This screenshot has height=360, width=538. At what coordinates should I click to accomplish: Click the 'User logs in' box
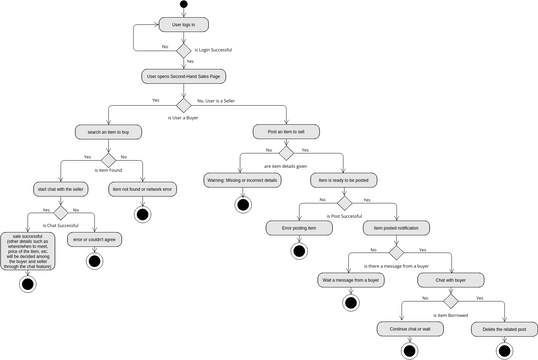coord(184,24)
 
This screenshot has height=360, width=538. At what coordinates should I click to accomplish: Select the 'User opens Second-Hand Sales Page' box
coord(184,75)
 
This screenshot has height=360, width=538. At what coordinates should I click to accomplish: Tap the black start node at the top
coord(184,5)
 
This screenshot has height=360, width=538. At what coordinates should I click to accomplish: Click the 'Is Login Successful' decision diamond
coord(184,49)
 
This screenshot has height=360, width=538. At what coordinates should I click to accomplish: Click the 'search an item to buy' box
coord(108,131)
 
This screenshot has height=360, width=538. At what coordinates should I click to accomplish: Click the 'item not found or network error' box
coord(142,188)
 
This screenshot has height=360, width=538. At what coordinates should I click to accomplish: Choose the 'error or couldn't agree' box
coord(95,240)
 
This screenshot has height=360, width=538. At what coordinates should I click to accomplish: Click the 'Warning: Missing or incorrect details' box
coord(242,180)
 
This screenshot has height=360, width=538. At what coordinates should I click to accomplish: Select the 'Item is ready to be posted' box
coord(345,180)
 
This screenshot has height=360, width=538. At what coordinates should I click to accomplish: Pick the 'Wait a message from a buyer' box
coord(350,280)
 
